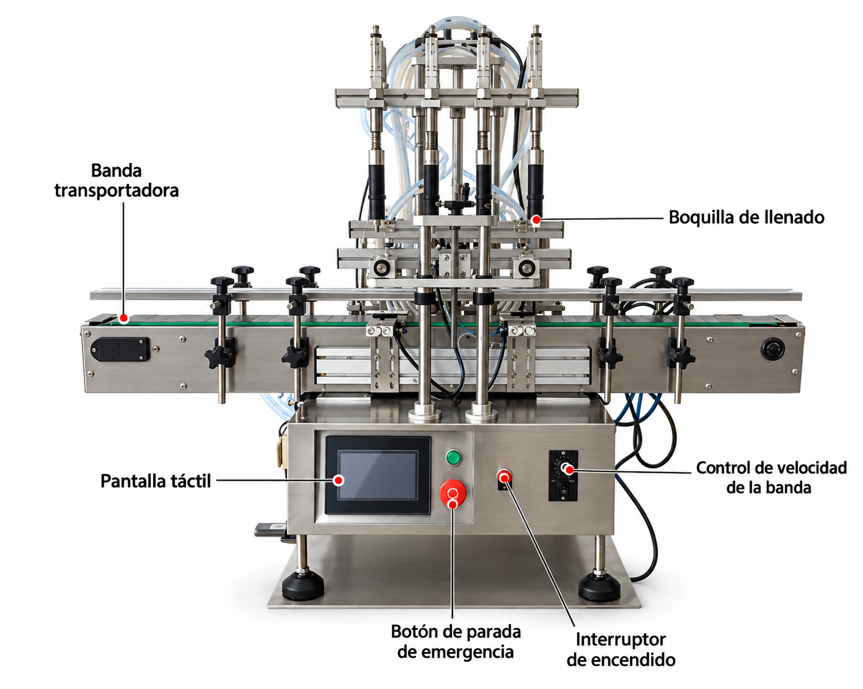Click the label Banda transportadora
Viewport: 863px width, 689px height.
(116, 180)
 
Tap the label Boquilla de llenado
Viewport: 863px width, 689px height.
(746, 217)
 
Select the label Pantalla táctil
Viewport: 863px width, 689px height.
(156, 481)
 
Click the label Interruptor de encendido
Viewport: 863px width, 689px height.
(621, 649)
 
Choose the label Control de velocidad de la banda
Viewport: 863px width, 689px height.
(771, 478)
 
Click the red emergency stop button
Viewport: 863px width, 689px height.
(453, 492)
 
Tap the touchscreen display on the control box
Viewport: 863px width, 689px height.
(377, 475)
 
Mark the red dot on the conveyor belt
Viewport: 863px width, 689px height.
(124, 318)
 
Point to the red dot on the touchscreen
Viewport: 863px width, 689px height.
(340, 480)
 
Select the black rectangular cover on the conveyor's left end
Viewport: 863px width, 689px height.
(121, 350)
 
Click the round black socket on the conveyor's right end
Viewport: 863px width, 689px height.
(773, 348)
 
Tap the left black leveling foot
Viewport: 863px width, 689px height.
(303, 586)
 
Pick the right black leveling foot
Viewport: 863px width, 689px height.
(599, 587)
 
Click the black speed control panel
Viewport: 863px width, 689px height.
(563, 475)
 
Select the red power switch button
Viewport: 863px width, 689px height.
(504, 476)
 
